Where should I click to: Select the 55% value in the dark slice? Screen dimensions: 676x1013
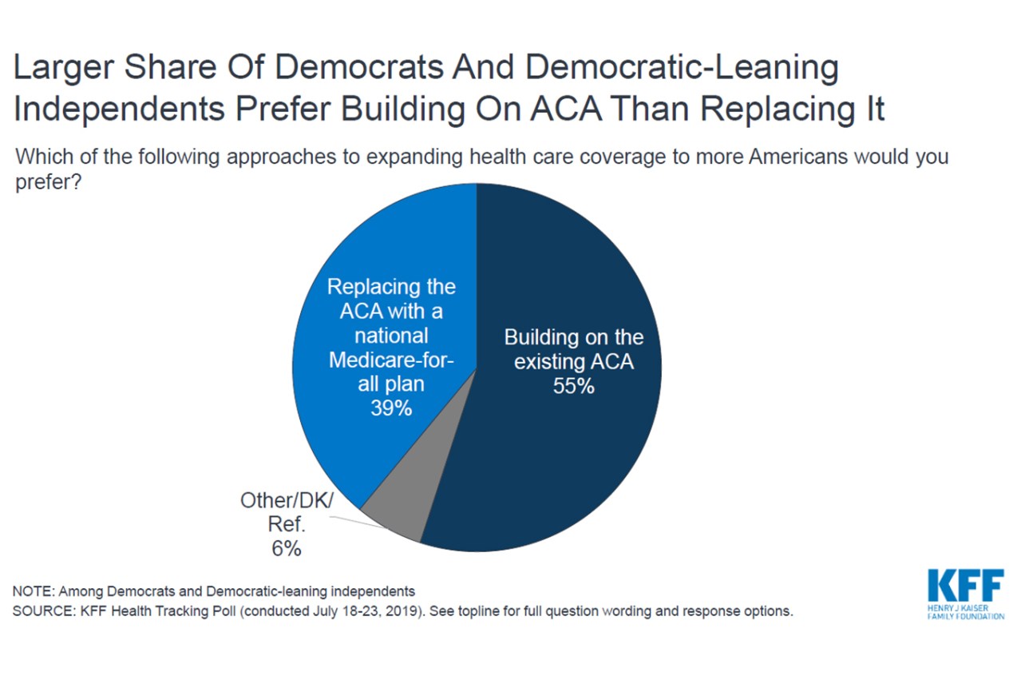point(573,387)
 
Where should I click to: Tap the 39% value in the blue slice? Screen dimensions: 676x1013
point(391,408)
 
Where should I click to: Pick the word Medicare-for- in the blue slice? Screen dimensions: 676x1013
point(391,360)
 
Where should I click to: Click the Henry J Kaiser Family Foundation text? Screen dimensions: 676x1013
point(966,611)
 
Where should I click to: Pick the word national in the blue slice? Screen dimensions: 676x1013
point(391,336)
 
